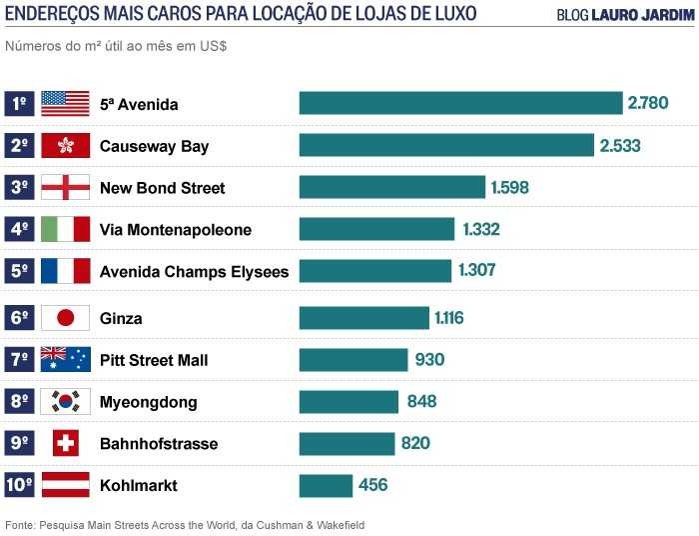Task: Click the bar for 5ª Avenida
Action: click(x=460, y=103)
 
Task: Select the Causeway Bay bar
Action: click(x=446, y=145)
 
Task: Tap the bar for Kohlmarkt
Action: click(x=327, y=485)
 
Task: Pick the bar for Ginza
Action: click(x=364, y=318)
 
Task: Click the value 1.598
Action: click(x=509, y=187)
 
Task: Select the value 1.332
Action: click(x=480, y=229)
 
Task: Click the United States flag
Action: click(x=65, y=103)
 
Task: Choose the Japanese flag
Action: click(x=65, y=318)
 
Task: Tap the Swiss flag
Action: click(x=65, y=443)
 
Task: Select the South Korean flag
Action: click(x=65, y=402)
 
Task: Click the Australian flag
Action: click(x=65, y=360)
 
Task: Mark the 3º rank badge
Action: click(x=19, y=187)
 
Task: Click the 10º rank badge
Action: click(x=19, y=485)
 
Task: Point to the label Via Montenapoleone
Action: click(x=176, y=230)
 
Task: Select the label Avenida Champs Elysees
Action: click(x=194, y=271)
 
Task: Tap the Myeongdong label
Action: click(x=148, y=402)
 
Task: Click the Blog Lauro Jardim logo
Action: click(x=624, y=15)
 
